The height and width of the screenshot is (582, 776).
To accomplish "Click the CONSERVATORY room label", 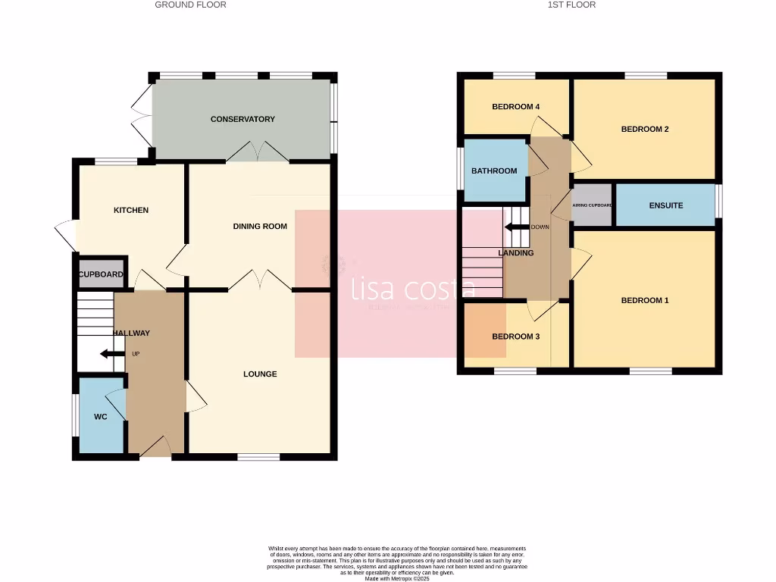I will [242, 119].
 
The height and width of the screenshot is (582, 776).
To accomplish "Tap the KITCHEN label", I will [131, 210].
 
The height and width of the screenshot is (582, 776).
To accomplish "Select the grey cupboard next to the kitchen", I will [101, 274].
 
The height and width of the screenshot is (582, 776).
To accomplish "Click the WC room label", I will [100, 417].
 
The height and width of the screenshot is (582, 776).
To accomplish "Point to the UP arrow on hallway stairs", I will [112, 354].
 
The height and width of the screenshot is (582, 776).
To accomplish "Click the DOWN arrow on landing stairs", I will [517, 227].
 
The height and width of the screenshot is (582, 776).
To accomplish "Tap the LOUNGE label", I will [260, 374].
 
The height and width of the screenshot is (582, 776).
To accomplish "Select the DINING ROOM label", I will [260, 226].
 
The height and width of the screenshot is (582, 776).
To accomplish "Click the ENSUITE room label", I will [666, 205].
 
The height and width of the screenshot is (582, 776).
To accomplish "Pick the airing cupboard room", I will [592, 205].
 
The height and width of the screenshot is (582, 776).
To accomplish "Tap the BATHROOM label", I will [494, 171].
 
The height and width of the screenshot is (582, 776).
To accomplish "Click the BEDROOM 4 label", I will [515, 107].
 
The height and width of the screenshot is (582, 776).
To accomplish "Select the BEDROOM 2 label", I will [645, 129].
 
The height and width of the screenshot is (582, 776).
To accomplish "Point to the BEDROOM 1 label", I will [645, 300].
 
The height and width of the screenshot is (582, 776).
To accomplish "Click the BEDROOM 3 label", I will [515, 336].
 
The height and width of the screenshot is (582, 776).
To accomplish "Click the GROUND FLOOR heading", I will [190, 5].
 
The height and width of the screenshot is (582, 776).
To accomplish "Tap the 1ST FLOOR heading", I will [572, 5].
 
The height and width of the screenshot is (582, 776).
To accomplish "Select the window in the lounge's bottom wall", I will [258, 457].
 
